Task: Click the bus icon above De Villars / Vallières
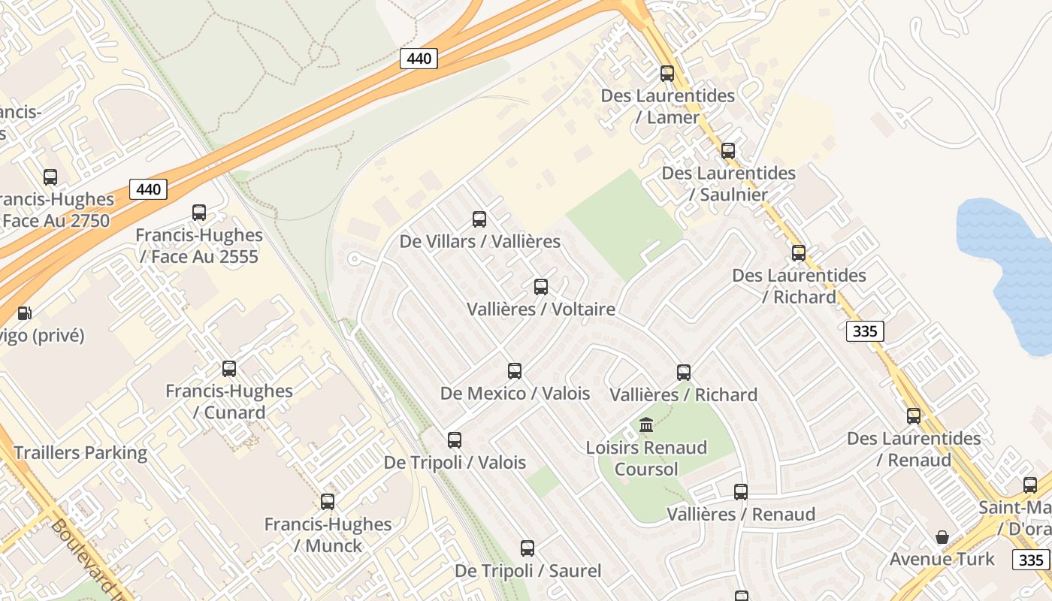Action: pyautogui.click(x=479, y=219)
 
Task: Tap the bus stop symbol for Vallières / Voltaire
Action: pyautogui.click(x=541, y=287)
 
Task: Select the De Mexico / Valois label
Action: pyautogui.click(x=515, y=393)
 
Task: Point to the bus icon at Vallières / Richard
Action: pyautogui.click(x=684, y=373)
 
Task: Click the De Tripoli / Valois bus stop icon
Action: pyautogui.click(x=455, y=440)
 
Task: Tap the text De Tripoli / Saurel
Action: pyautogui.click(x=528, y=571)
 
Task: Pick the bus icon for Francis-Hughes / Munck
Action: pyautogui.click(x=328, y=502)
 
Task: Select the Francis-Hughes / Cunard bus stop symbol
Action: pyautogui.click(x=229, y=369)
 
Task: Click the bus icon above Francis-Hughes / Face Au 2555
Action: pyautogui.click(x=199, y=213)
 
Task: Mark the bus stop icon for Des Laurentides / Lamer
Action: pyautogui.click(x=667, y=74)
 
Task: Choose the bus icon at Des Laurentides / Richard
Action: pyautogui.click(x=799, y=253)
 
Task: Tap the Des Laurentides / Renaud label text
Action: pyautogui.click(x=914, y=449)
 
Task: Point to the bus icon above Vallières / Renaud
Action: pyautogui.click(x=741, y=492)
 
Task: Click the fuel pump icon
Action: pyautogui.click(x=25, y=313)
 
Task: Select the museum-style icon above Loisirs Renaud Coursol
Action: pyautogui.click(x=646, y=425)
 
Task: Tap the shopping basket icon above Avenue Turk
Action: pyautogui.click(x=942, y=537)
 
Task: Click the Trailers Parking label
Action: pyautogui.click(x=80, y=453)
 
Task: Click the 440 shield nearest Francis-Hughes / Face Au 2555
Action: pyautogui.click(x=148, y=189)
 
